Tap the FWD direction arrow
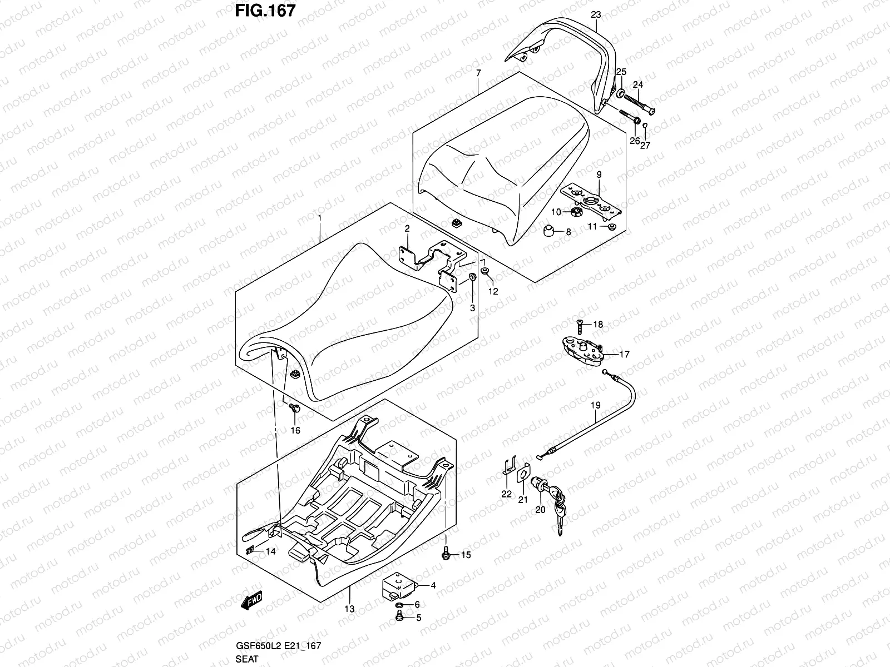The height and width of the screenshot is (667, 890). pos(251,601)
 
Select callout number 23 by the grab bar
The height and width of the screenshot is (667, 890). pos(596,15)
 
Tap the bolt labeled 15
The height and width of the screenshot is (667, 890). pos(446,554)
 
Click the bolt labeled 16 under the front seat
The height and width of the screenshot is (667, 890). pos(295,409)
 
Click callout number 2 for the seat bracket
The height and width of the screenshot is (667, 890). pos(407,228)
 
